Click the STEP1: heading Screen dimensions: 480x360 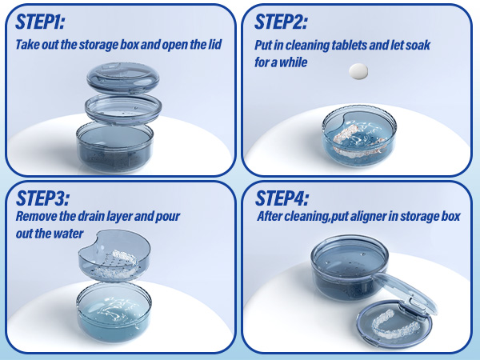tap(40, 22)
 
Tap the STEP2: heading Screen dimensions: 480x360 tap(281, 22)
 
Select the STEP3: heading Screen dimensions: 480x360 tap(42, 198)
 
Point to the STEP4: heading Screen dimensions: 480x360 tap(282, 198)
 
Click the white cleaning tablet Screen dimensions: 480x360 tap(358, 71)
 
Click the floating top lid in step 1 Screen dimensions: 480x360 tap(122, 78)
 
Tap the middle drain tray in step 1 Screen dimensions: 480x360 tap(123, 110)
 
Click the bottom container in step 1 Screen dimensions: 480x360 tap(114, 147)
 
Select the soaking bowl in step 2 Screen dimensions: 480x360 tap(359, 136)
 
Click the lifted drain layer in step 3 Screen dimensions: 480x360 tap(114, 255)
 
